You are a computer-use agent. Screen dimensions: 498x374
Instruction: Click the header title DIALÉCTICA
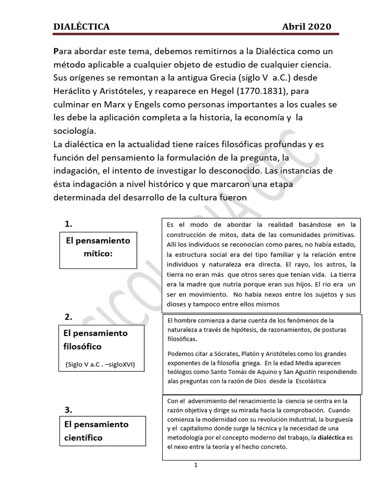tap(81, 27)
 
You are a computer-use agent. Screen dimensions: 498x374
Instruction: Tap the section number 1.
tap(69, 224)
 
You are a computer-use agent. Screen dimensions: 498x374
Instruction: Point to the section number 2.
tap(69, 317)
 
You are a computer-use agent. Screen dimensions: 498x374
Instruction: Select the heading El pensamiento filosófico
tap(96, 340)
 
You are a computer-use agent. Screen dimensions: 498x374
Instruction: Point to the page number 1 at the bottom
tap(195, 465)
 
